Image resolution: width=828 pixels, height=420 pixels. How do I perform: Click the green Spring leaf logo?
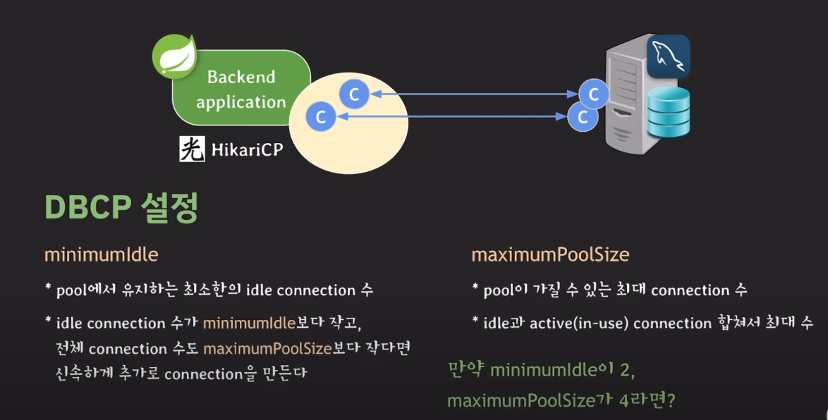tap(173, 57)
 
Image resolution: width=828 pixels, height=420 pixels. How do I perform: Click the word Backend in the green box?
tap(241, 77)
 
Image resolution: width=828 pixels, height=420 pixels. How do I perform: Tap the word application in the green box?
tap(241, 102)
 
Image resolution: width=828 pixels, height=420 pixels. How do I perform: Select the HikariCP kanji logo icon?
tap(191, 149)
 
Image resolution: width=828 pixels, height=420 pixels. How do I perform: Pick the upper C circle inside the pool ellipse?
tap(354, 94)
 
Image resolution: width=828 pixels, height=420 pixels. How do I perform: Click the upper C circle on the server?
tap(594, 94)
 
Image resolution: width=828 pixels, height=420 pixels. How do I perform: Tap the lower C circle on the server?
tap(583, 117)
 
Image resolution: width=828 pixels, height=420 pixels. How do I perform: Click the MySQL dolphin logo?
tap(669, 56)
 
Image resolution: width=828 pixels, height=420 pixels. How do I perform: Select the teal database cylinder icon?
tap(669, 113)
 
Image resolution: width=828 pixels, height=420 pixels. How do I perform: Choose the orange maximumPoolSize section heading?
tap(550, 254)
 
